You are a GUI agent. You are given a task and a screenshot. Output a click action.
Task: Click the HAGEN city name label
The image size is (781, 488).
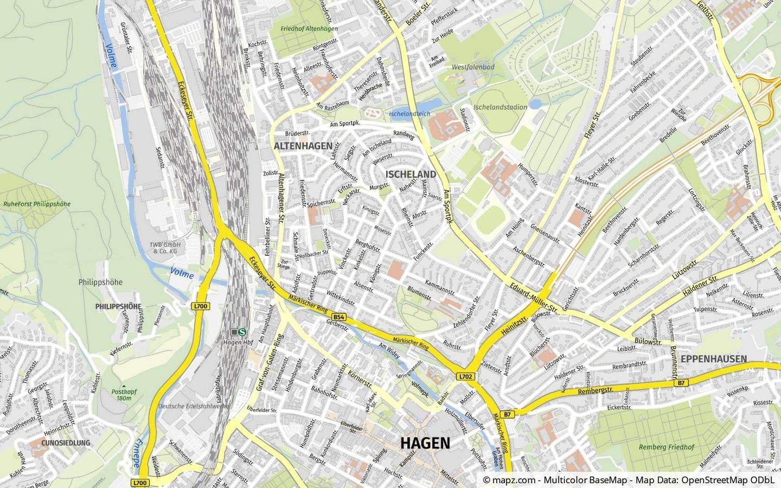point(425,443)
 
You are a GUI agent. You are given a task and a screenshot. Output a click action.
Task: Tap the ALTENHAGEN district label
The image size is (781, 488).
point(303,146)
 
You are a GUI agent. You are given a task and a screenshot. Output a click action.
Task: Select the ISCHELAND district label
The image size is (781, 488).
point(411,174)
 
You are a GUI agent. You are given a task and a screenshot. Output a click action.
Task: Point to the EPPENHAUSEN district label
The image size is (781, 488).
point(714,359)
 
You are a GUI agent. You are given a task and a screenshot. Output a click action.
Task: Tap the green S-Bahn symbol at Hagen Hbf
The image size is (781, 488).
point(242,332)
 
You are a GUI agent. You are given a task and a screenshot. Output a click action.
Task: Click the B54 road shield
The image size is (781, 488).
point(339,317)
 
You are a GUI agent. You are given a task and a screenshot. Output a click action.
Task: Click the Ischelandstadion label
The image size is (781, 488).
point(500,107)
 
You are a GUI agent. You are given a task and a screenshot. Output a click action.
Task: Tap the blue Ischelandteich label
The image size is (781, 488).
point(409,114)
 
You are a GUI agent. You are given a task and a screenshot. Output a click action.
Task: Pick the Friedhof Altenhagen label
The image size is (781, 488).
point(309,28)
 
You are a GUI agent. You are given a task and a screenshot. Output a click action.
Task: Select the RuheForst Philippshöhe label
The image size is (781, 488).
point(37,204)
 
